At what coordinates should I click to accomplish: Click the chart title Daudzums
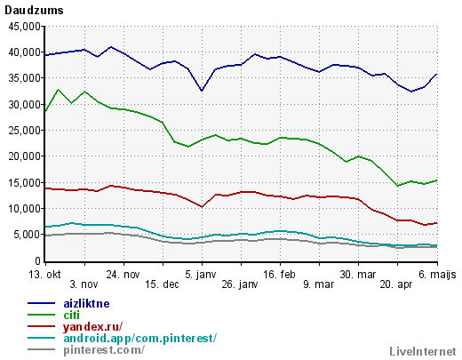[34, 11]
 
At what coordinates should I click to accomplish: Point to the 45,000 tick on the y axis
[25, 27]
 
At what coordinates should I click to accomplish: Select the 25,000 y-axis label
[25, 131]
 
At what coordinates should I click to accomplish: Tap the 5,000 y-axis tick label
[28, 235]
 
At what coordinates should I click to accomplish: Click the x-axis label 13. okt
[44, 275]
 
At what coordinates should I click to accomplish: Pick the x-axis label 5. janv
[201, 275]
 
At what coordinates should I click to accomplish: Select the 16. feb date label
[279, 275]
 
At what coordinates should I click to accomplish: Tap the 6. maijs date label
[437, 275]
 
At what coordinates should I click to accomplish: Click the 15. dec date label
[162, 284]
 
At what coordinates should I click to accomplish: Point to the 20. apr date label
[396, 285]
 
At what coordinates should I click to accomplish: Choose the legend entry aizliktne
[86, 304]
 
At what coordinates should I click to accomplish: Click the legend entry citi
[71, 316]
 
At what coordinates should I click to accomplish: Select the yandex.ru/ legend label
[92, 327]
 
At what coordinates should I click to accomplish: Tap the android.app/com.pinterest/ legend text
[140, 339]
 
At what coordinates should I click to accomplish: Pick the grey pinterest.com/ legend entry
[104, 350]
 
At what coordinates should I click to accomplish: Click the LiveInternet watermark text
[423, 352]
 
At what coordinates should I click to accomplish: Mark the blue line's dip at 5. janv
[202, 91]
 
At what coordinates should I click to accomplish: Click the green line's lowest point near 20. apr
[398, 186]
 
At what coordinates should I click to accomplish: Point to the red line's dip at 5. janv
[202, 207]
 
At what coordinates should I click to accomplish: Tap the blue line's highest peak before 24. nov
[111, 47]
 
